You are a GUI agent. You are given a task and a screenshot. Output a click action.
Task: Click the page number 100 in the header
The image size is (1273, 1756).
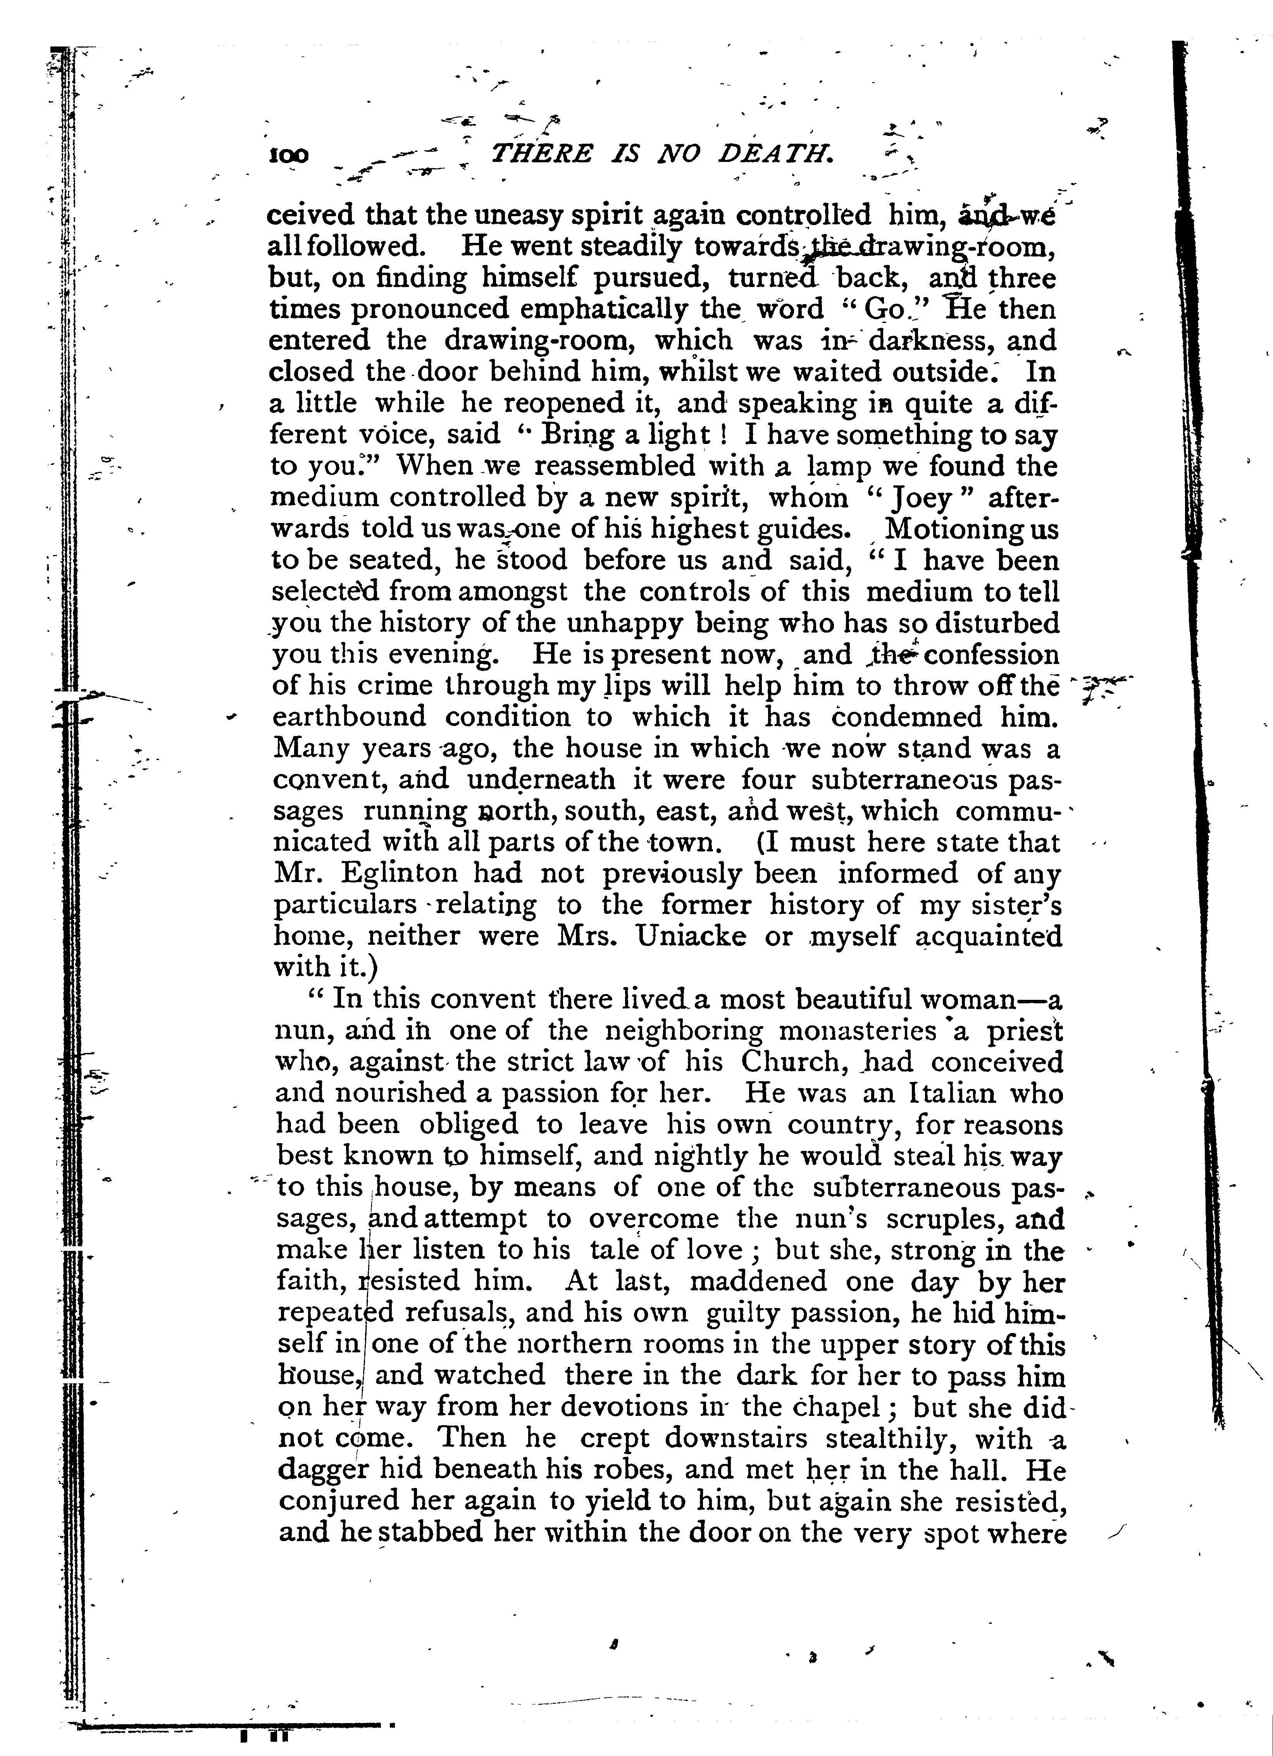[288, 156]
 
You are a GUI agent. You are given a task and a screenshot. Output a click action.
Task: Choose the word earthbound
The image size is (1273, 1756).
[349, 717]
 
